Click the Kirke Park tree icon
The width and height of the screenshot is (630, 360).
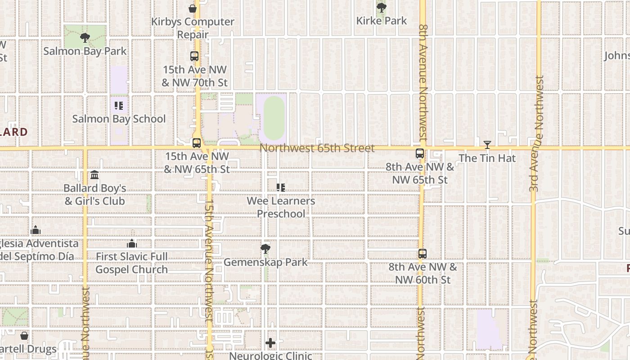[381, 8]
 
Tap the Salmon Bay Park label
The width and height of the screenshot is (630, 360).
[85, 51]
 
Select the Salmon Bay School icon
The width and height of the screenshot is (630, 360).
[119, 106]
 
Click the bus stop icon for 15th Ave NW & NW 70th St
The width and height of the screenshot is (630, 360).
[194, 56]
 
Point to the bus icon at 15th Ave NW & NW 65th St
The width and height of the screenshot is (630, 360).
[196, 143]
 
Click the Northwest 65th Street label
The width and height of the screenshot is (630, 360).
[317, 148]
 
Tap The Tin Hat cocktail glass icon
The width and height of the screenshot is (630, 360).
[487, 145]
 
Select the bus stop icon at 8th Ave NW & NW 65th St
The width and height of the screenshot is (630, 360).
[420, 153]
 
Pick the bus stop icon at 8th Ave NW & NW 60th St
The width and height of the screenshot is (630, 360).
[422, 254]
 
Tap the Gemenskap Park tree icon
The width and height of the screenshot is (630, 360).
[265, 249]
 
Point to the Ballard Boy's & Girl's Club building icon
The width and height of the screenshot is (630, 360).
[94, 175]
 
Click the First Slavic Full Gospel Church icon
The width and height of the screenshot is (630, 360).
[132, 243]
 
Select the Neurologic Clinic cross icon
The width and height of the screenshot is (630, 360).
[270, 343]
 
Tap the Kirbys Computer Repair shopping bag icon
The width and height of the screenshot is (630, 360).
[193, 9]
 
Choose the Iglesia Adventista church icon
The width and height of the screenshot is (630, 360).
[36, 230]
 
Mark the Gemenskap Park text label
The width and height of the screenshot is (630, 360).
[265, 262]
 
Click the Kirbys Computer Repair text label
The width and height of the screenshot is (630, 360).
[193, 28]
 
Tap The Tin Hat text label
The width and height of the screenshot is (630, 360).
[487, 158]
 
